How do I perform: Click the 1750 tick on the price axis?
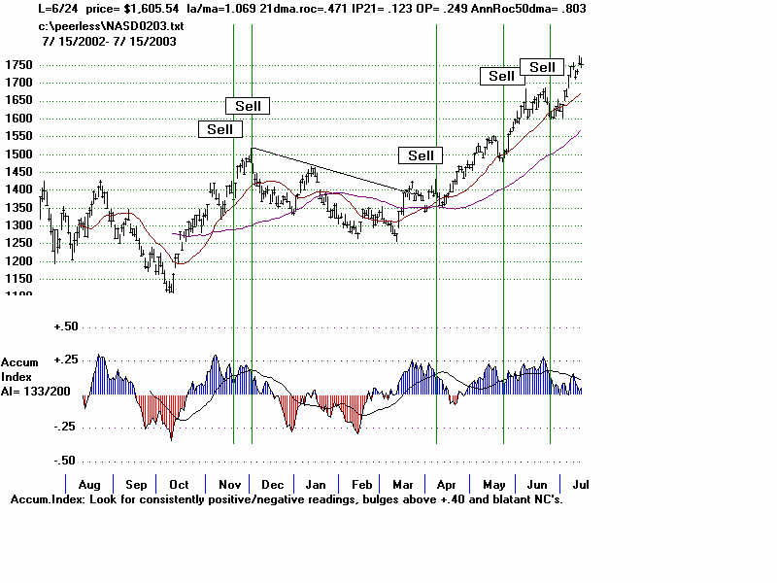17,65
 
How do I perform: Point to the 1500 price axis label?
17,154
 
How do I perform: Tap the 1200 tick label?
17,261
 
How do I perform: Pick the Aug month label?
89,484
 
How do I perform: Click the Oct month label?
180,484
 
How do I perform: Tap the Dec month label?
273,484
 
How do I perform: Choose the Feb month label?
361,484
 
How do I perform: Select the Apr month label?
447,484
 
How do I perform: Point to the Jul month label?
580,484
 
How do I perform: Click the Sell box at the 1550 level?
220,129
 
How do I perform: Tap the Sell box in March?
421,155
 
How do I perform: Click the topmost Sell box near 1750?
542,67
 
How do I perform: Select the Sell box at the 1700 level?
501,76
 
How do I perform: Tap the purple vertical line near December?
253,291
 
